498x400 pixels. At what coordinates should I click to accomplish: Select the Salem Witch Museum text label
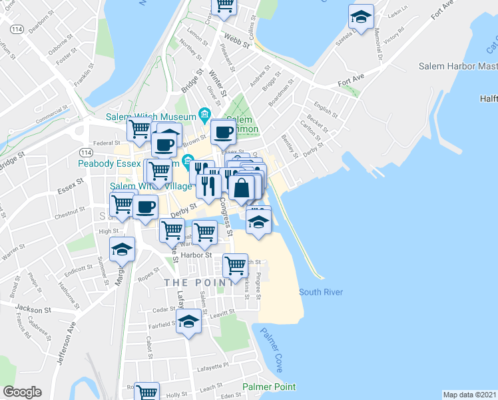click(x=150, y=117)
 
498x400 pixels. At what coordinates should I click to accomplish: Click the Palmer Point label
click(x=269, y=387)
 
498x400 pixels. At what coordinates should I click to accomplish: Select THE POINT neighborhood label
click(x=198, y=283)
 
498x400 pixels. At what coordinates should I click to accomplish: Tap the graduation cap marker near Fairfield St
click(x=189, y=322)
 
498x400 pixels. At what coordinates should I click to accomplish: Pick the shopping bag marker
click(x=243, y=187)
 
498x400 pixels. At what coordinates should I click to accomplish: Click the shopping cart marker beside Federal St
click(x=139, y=128)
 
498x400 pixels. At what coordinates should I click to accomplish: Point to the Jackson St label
click(x=33, y=309)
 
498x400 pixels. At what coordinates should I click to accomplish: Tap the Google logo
click(x=22, y=391)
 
